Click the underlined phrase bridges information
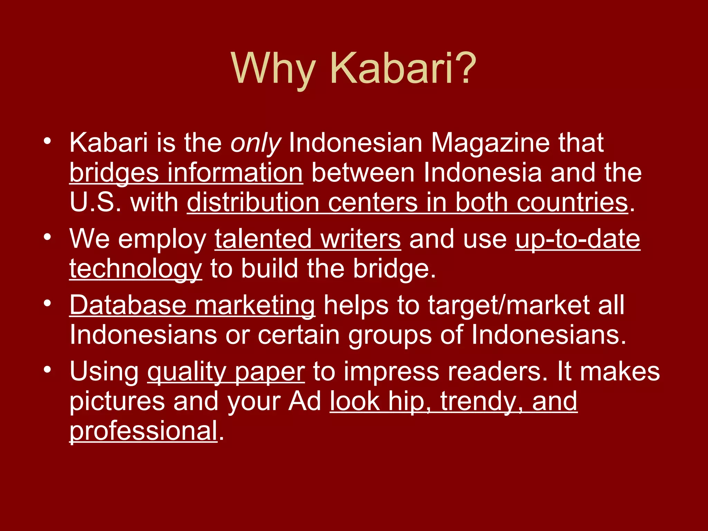[x=186, y=173]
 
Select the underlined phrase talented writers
[x=308, y=239]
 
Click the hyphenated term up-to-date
[x=578, y=239]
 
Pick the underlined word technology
[x=136, y=269]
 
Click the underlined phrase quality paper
[x=226, y=372]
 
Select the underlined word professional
[x=143, y=431]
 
